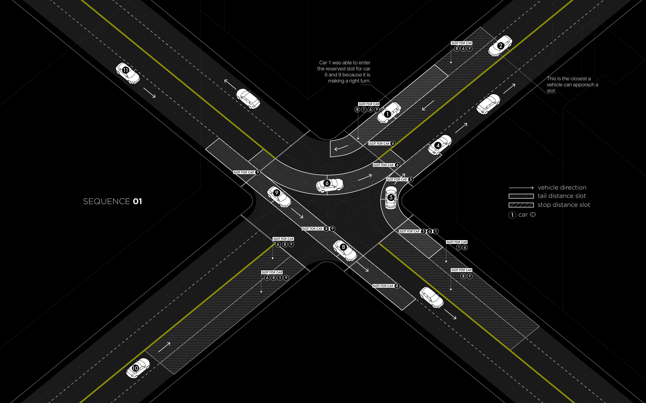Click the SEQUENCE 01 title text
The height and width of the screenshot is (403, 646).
(112, 201)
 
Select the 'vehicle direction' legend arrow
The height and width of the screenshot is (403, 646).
(521, 188)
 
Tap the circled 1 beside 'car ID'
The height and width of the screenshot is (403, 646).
(512, 215)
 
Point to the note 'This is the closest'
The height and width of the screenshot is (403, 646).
(572, 85)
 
